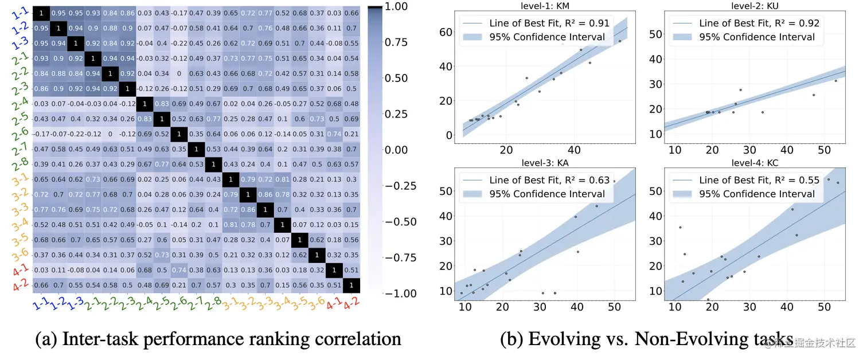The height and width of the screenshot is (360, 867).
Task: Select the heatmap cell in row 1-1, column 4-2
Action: tap(352, 13)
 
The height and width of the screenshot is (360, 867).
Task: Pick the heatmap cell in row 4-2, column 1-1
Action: tap(41, 285)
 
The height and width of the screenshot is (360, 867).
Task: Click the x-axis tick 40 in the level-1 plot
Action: tap(575, 149)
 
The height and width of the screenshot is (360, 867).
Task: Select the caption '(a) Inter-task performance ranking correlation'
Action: tap(218, 339)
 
